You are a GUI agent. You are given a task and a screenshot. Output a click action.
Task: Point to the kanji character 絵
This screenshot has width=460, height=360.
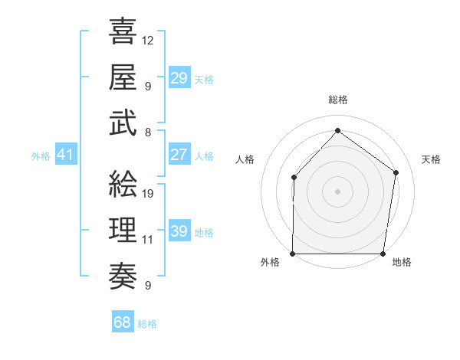point(123,183)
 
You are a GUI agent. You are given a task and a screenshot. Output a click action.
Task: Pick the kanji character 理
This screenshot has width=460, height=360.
point(123,229)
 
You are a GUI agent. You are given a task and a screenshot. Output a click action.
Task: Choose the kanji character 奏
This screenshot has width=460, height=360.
point(123,275)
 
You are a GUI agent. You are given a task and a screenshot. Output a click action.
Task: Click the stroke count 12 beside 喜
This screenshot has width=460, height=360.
point(148,40)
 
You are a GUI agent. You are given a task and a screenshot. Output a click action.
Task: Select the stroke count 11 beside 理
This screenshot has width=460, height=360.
point(148,239)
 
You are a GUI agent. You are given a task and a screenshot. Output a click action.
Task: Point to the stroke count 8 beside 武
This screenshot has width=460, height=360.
point(147,132)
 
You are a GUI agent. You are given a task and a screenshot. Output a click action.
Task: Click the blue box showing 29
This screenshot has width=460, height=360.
point(179,78)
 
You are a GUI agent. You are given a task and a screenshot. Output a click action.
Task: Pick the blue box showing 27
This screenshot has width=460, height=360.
point(179,155)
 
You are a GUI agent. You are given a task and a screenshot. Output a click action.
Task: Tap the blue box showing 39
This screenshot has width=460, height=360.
point(179,231)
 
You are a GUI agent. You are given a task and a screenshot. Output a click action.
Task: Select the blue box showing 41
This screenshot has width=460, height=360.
point(65,155)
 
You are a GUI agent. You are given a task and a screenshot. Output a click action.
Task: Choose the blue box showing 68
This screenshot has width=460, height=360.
point(123,323)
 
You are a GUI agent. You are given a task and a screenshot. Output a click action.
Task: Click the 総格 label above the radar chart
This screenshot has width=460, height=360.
point(337,100)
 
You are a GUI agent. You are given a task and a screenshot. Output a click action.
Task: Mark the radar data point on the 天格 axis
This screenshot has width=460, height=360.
point(396,172)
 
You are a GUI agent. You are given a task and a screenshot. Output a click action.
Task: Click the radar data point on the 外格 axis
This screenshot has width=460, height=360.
point(293,254)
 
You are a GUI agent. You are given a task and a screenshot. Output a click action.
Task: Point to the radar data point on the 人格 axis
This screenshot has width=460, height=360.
point(294,178)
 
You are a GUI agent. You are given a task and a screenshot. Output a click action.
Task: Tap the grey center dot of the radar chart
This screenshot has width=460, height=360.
point(337,191)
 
